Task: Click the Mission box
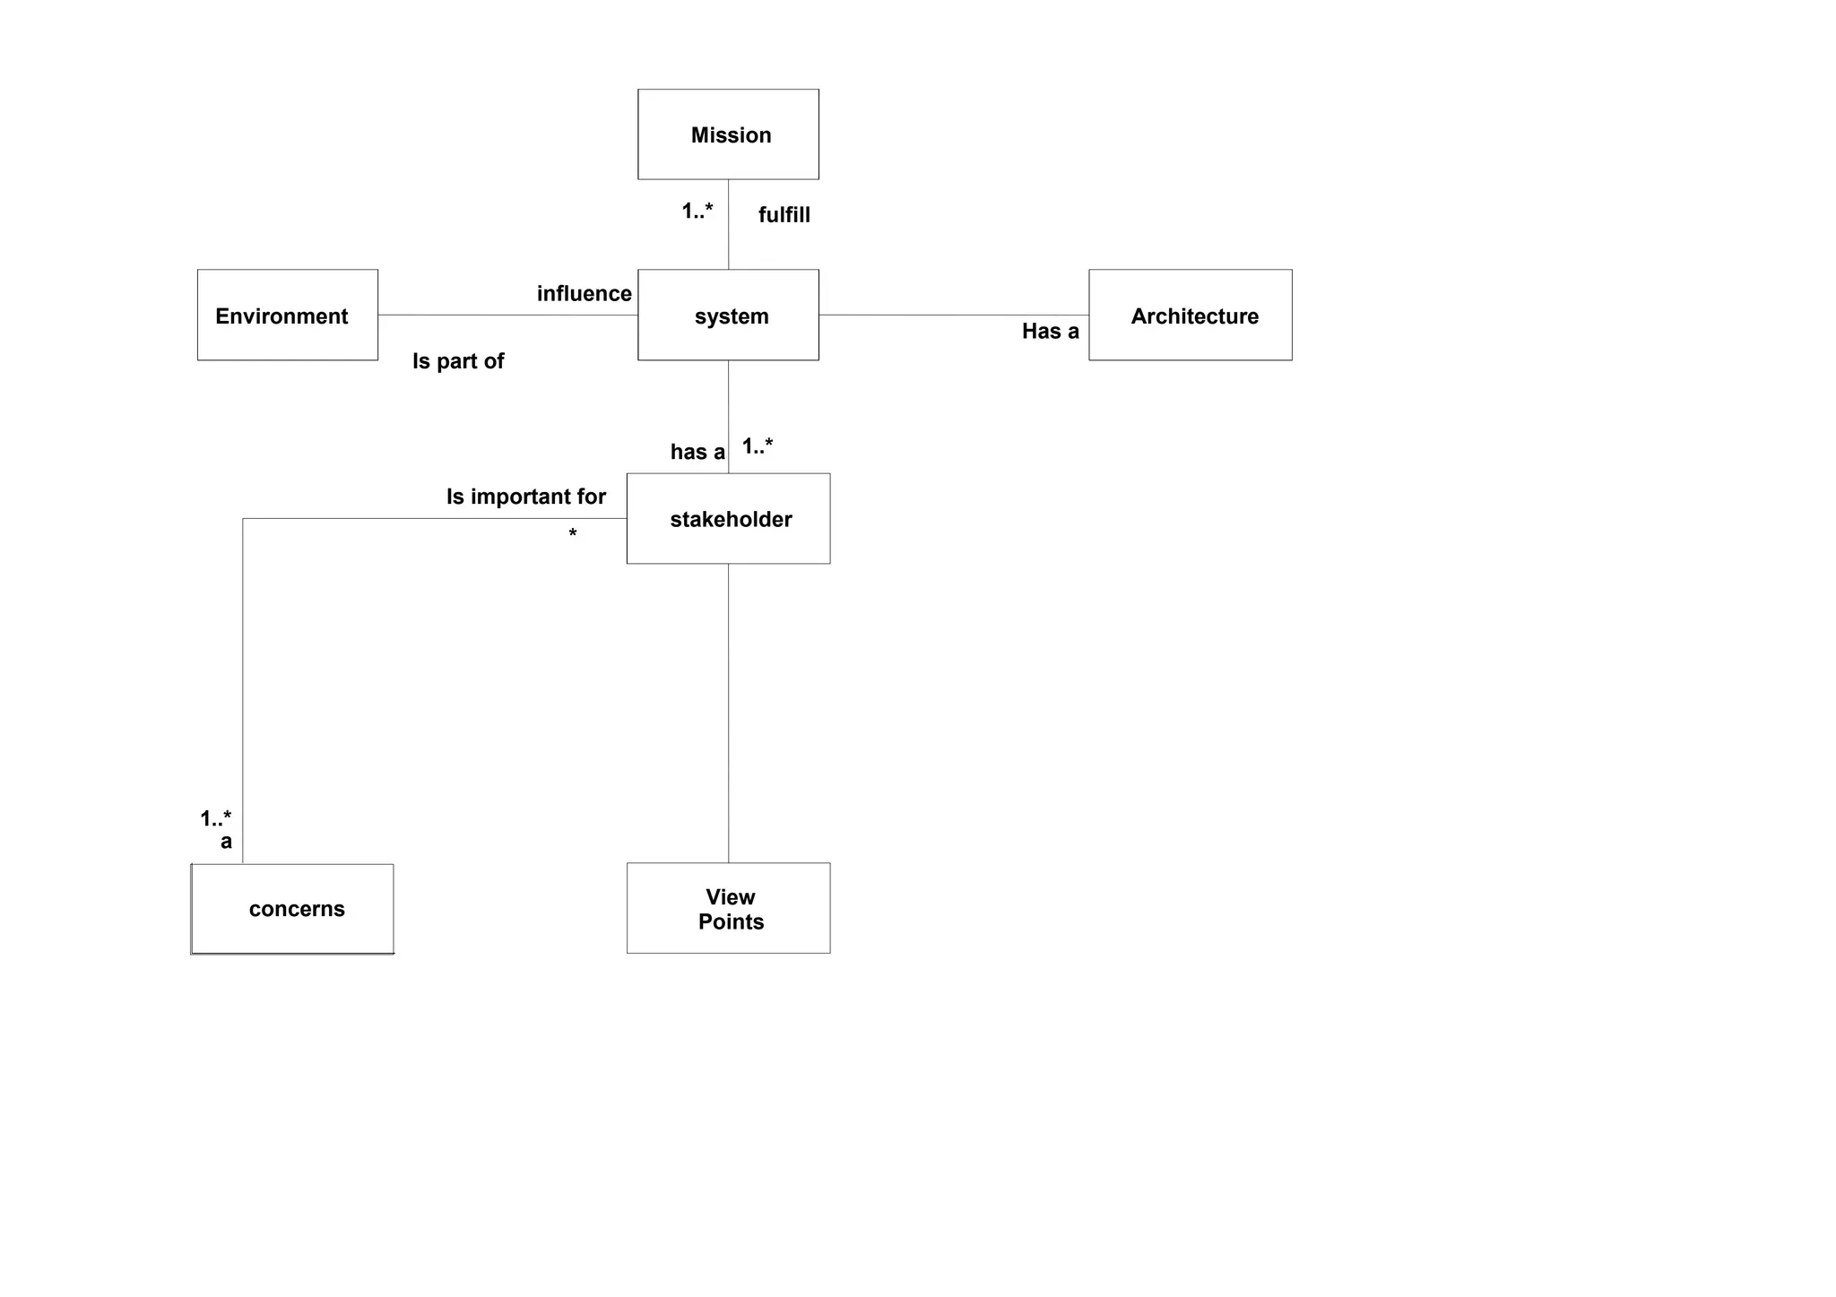point(728,134)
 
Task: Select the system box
point(728,316)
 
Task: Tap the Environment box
point(287,316)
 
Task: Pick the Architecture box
point(1190,316)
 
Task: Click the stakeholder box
point(728,519)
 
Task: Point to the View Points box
point(728,908)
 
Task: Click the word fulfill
point(784,215)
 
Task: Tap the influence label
point(584,294)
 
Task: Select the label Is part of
point(458,361)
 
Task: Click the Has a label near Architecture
point(1050,332)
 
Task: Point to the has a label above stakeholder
point(697,452)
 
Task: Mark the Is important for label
point(526,497)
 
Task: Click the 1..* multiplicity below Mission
point(697,212)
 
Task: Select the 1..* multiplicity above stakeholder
point(758,446)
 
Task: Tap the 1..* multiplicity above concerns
point(215,818)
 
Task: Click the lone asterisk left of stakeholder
point(573,535)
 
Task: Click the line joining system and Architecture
point(953,316)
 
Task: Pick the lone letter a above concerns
point(226,842)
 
